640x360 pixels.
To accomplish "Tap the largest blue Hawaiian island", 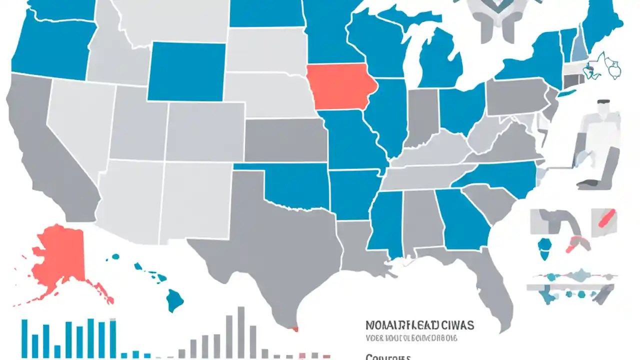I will [174, 300].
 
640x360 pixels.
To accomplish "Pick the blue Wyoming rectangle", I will [186, 71].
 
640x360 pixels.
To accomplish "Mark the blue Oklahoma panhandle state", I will [295, 185].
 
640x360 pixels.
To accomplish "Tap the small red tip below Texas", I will [294, 328].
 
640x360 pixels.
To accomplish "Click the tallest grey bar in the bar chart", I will [241, 332].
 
